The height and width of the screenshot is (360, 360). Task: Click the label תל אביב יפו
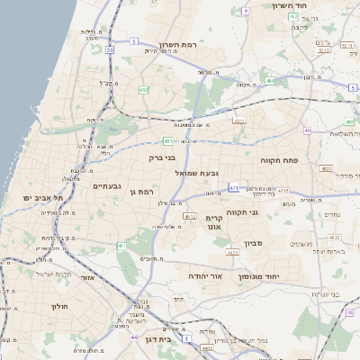tap(40, 197)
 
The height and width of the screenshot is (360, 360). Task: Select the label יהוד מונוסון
tap(261, 275)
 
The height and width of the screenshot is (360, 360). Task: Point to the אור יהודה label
tap(205, 275)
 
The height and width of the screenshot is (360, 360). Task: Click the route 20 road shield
tap(110, 50)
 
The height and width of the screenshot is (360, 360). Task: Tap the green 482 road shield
tap(143, 90)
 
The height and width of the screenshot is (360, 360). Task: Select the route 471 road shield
tap(234, 188)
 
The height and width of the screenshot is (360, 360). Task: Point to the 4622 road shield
tap(232, 254)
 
